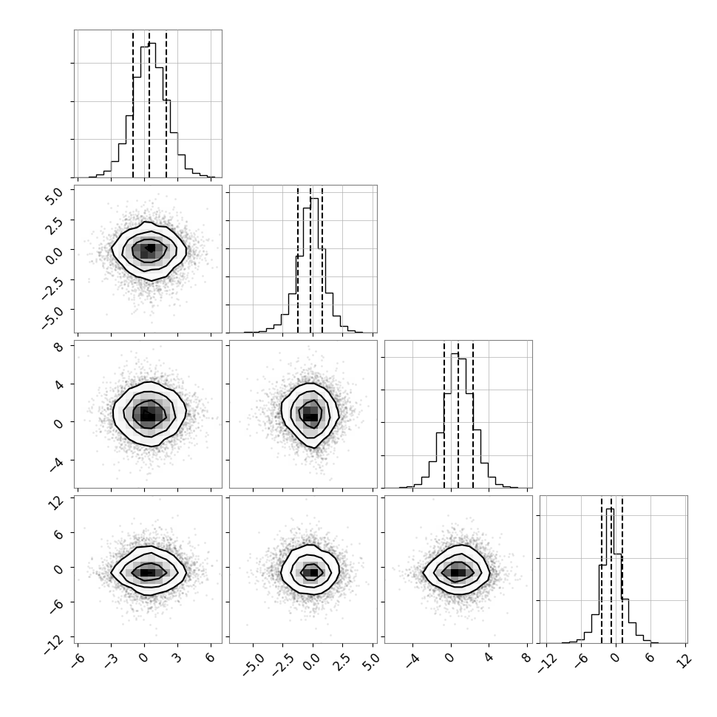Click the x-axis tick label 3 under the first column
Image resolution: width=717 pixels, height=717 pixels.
tap(177, 658)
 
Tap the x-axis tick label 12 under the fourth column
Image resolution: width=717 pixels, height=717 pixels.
tap(684, 660)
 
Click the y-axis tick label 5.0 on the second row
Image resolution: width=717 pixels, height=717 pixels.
tap(53, 195)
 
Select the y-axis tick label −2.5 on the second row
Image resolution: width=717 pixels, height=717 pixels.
tap(51, 287)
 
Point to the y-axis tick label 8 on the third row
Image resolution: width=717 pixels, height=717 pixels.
tap(58, 347)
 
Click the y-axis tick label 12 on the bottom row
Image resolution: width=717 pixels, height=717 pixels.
tap(56, 503)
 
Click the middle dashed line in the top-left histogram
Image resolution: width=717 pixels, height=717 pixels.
tap(149, 104)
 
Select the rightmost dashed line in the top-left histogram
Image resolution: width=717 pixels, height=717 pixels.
tap(166, 104)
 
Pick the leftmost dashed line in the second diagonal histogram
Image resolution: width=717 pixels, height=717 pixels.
tap(298, 259)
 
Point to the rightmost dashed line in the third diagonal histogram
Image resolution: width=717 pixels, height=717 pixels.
tap(473, 414)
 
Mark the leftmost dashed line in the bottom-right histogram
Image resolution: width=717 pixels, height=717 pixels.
tap(602, 569)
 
